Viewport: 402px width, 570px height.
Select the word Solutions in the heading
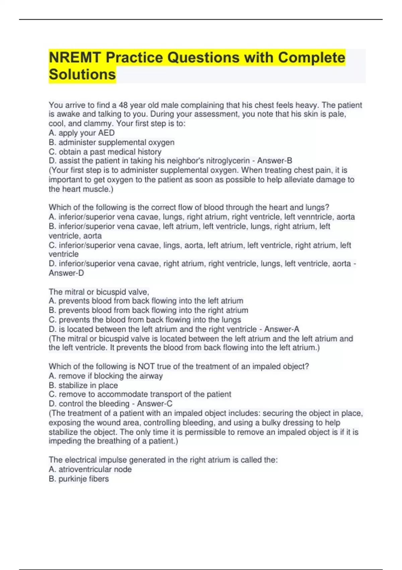(82, 74)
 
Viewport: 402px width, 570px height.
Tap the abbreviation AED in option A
(106, 133)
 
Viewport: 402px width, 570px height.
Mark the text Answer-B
(275, 161)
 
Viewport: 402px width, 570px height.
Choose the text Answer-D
(66, 273)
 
